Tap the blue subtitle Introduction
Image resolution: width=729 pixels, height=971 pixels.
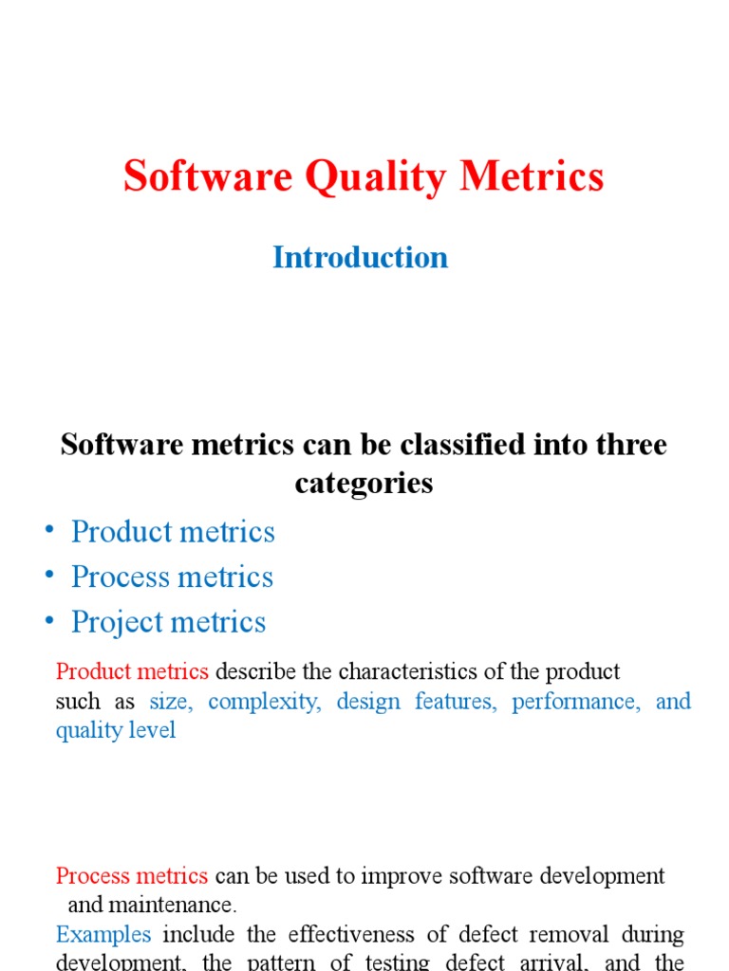(x=360, y=257)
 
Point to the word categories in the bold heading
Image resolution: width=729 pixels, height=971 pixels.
(x=364, y=483)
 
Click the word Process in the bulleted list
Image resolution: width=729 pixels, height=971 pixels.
(x=121, y=577)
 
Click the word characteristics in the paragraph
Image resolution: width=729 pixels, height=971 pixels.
(x=409, y=672)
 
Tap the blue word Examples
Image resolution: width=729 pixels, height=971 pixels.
(x=103, y=934)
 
